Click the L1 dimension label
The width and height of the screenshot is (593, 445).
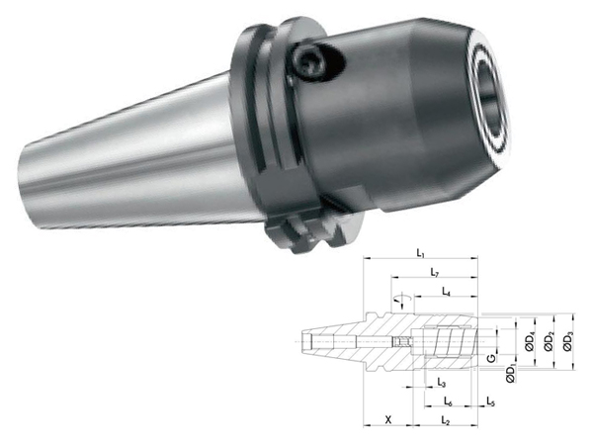pos(420,253)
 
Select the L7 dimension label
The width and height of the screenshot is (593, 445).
pos(435,272)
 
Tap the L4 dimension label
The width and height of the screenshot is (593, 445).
pos(447,292)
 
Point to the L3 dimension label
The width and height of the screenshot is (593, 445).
pos(442,383)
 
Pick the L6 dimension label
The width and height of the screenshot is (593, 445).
pos(448,401)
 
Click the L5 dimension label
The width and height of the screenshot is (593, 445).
pos(490,401)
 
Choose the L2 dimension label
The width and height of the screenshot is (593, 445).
pos(445,419)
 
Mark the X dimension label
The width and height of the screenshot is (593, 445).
pos(388,419)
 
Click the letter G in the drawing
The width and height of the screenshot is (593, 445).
pos(491,358)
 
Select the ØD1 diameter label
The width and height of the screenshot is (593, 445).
pos(511,374)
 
